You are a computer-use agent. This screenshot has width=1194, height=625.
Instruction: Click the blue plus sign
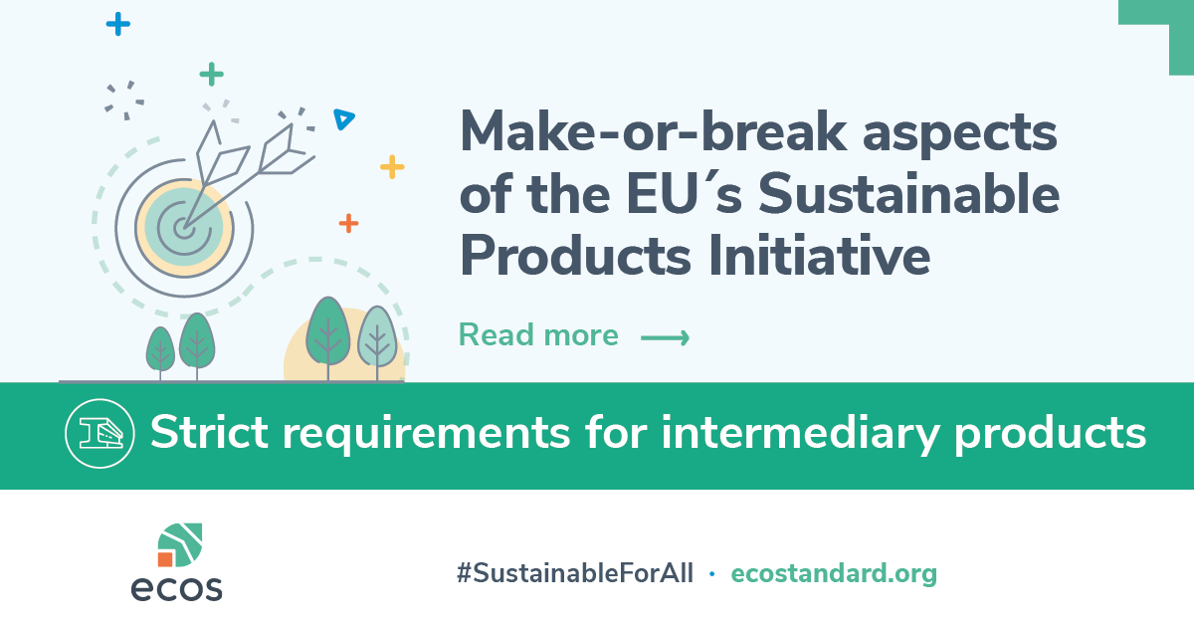117,24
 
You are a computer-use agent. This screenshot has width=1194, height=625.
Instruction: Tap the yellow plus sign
392,167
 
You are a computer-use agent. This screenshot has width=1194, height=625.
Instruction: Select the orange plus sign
348,224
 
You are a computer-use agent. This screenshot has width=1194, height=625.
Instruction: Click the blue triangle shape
343,118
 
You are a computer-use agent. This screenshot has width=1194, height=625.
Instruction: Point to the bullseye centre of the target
183,230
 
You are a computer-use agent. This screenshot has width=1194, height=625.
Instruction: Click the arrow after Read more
665,337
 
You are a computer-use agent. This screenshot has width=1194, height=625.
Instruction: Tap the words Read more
538,335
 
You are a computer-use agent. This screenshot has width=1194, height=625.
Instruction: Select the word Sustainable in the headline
908,194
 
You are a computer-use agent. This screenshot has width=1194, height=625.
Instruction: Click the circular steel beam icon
99,434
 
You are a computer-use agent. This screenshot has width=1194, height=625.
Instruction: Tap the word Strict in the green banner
210,433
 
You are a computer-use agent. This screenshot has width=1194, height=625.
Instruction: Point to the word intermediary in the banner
801,434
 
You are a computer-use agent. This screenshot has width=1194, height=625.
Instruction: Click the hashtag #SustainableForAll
575,574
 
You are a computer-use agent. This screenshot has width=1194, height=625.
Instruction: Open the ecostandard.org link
834,574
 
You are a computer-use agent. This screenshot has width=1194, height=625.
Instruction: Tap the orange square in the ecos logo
165,559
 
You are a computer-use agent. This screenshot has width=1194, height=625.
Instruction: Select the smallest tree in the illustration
160,352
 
